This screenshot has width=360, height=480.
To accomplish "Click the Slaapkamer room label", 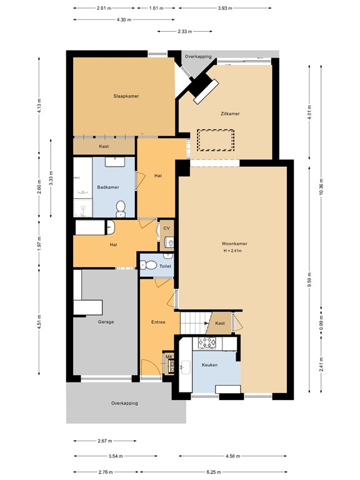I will (x=126, y=96).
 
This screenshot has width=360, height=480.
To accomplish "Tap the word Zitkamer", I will (x=230, y=114).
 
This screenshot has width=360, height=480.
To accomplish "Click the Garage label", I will (x=105, y=322).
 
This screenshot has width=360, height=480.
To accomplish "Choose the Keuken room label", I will (x=209, y=364).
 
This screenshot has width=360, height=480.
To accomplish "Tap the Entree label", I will (x=158, y=322).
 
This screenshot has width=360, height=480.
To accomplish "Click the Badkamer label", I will (x=107, y=187).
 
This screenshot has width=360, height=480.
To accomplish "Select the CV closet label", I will (x=166, y=229).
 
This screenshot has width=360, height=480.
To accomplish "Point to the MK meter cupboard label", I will (x=168, y=356).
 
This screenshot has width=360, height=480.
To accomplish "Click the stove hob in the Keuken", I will (x=207, y=342).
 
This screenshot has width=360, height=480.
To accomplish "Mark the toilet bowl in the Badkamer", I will (x=121, y=206).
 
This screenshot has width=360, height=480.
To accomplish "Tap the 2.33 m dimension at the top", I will (x=184, y=31).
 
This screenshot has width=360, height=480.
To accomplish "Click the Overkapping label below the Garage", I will (x=124, y=403).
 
